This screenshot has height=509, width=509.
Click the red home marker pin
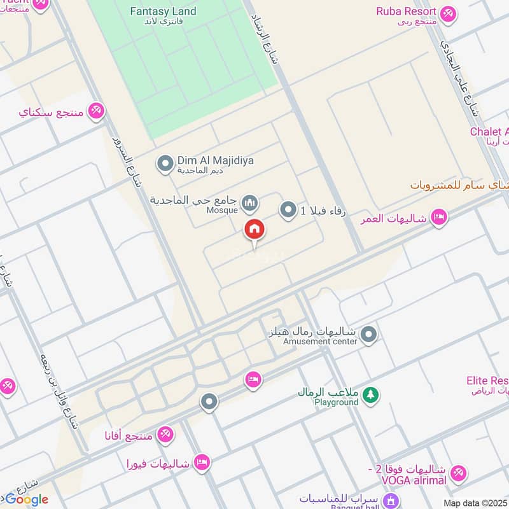[254, 230]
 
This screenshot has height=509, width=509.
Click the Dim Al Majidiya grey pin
[165, 165]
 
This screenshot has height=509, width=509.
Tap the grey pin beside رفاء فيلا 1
[288, 209]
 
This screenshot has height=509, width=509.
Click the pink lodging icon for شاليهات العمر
[438, 218]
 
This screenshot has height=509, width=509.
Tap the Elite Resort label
[487, 380]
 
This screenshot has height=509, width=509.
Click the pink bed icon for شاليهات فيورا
[202, 463]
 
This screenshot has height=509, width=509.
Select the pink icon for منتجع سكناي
[96, 111]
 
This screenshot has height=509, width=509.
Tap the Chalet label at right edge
[489, 132]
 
